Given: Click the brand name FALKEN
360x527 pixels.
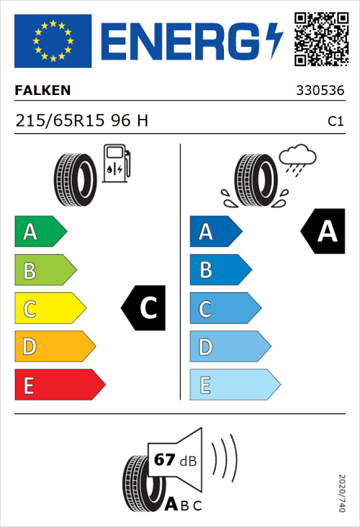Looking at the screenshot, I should [42, 91].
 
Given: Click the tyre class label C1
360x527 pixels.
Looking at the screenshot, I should [335, 122].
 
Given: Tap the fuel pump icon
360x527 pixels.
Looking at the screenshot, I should [115, 164].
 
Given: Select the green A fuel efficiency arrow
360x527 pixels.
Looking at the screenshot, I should [40, 232].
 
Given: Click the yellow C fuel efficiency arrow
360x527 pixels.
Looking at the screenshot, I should [50, 309].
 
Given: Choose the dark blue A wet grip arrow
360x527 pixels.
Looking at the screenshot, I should [215, 232].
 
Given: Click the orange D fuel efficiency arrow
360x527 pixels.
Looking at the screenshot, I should [55, 347].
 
